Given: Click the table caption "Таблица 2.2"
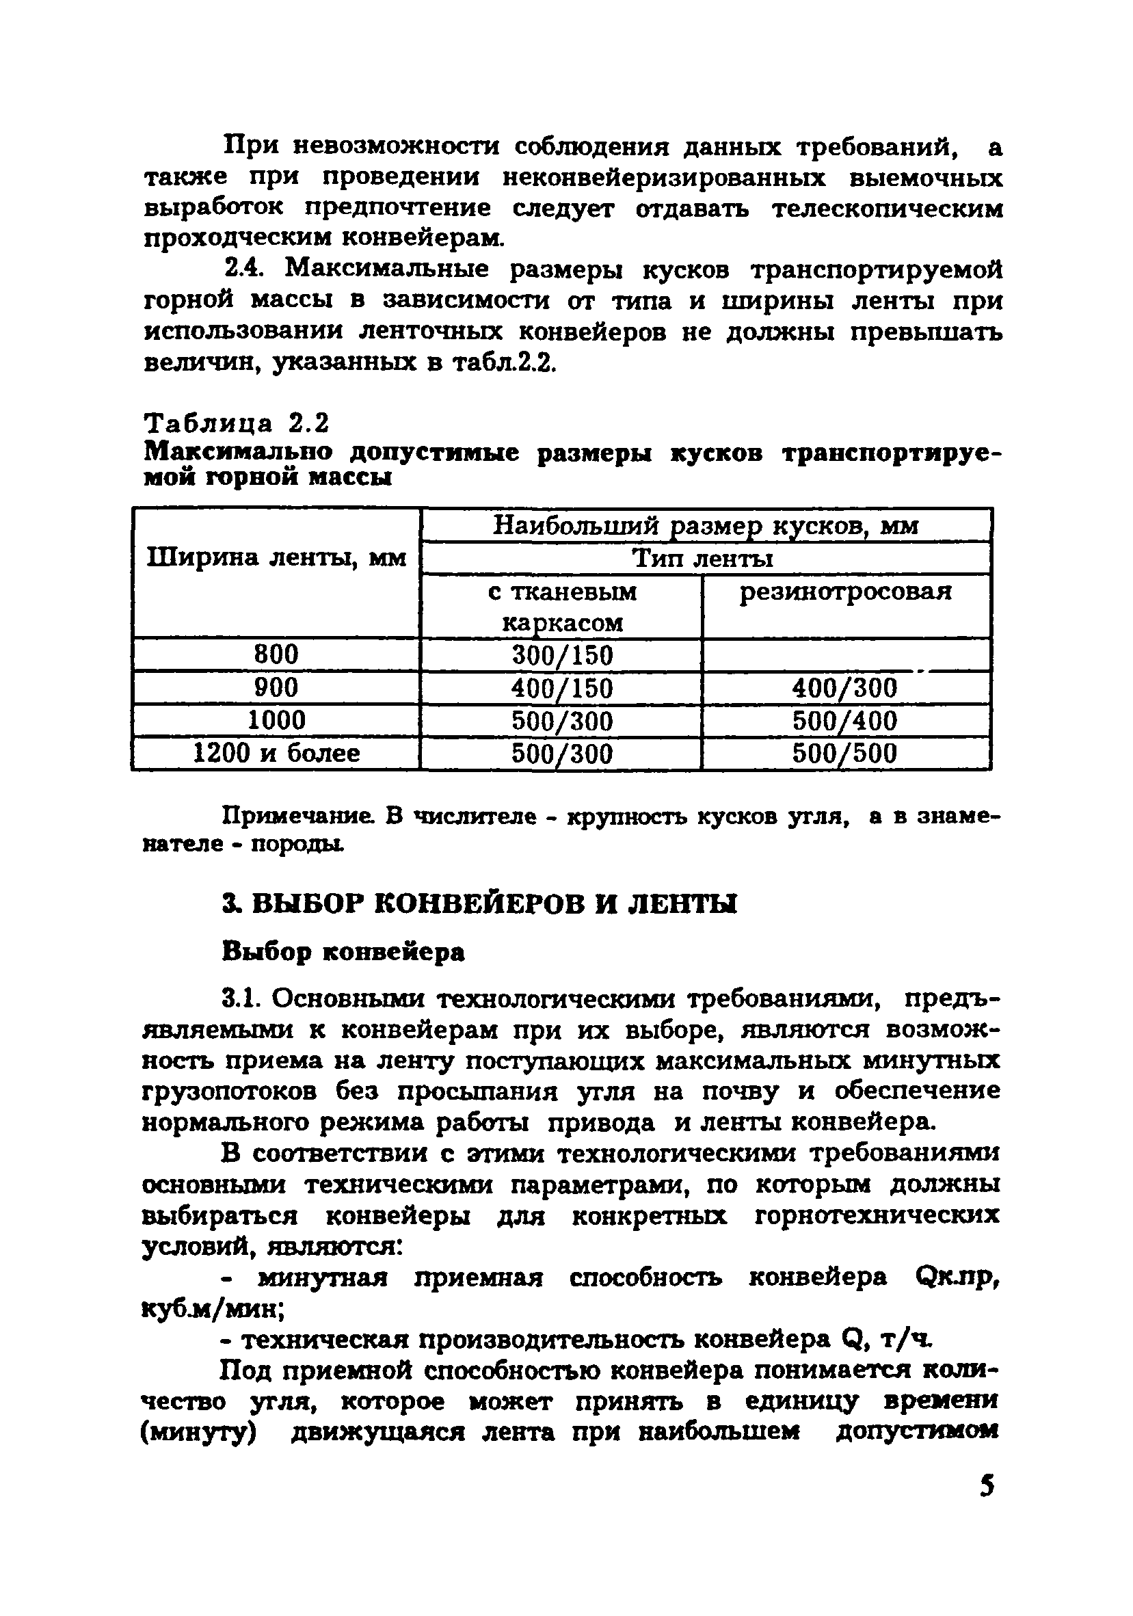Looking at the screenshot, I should tap(237, 424).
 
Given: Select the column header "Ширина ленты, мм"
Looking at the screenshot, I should tap(276, 558).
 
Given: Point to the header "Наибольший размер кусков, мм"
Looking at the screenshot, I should tap(705, 526).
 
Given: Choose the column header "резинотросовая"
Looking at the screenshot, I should tap(845, 592).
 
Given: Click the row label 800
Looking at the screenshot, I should tap(276, 655).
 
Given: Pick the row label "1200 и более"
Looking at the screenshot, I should tap(276, 754).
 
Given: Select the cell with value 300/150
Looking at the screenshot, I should tap(562, 656).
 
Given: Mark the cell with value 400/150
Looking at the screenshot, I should tap(562, 689).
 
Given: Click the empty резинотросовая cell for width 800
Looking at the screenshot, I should tap(846, 655).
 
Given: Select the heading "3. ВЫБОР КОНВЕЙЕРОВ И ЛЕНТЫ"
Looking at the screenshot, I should tap(479, 903).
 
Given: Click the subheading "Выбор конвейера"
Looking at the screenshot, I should tap(343, 952).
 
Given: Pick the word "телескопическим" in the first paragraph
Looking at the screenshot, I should tap(887, 209).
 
